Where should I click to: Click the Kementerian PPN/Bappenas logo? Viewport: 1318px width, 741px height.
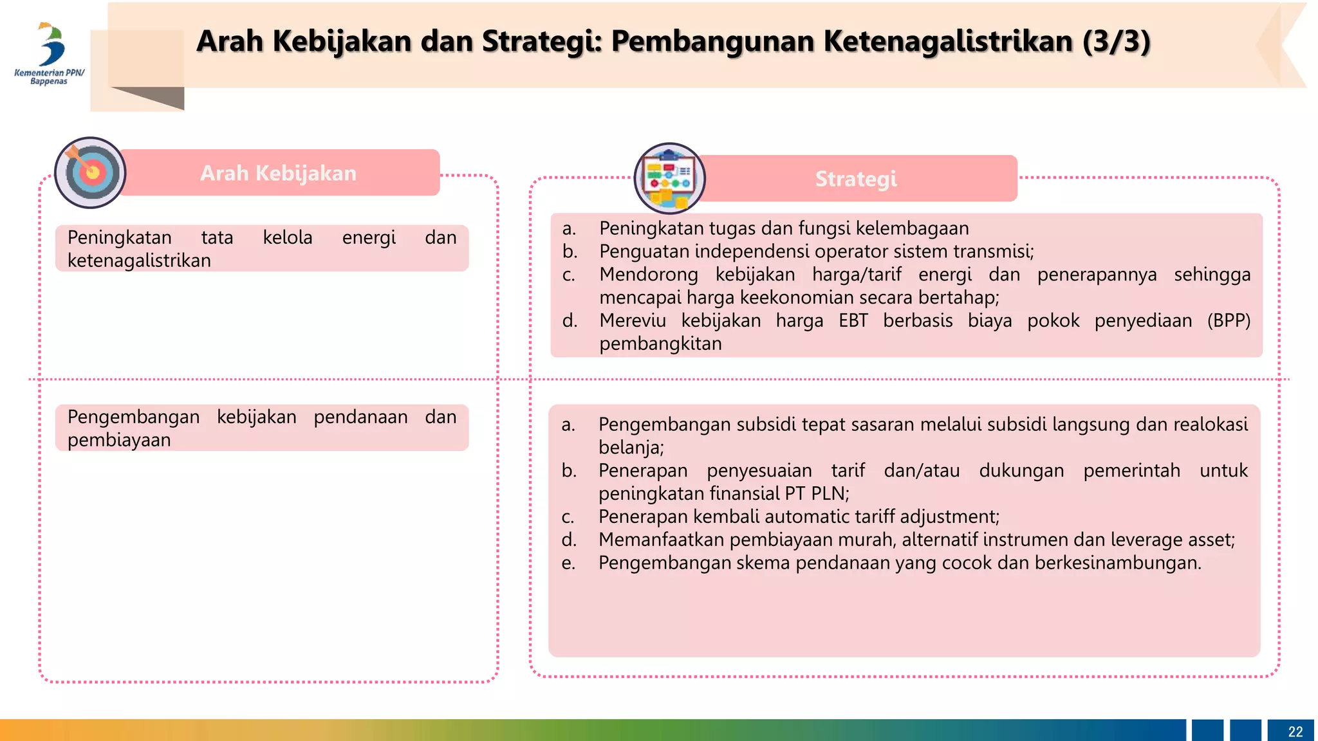[50, 55]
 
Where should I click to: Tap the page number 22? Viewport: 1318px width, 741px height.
[1295, 731]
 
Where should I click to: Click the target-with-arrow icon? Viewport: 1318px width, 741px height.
[91, 172]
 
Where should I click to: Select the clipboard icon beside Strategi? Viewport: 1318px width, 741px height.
[669, 178]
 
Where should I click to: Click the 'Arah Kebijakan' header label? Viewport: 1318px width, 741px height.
[278, 173]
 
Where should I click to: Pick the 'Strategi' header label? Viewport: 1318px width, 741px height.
[856, 179]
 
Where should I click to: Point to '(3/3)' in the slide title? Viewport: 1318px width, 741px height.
[1116, 41]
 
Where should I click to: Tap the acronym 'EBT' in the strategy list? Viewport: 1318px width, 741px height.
[853, 320]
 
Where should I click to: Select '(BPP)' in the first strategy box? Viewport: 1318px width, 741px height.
[1229, 320]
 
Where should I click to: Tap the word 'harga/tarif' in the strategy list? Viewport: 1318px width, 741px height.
[857, 275]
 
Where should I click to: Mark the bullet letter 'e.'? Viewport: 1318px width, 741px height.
[568, 563]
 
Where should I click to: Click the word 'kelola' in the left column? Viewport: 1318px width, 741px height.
[288, 237]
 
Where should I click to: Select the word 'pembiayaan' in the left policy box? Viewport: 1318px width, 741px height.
[119, 440]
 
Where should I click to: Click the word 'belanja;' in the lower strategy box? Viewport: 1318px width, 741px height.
[631, 447]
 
